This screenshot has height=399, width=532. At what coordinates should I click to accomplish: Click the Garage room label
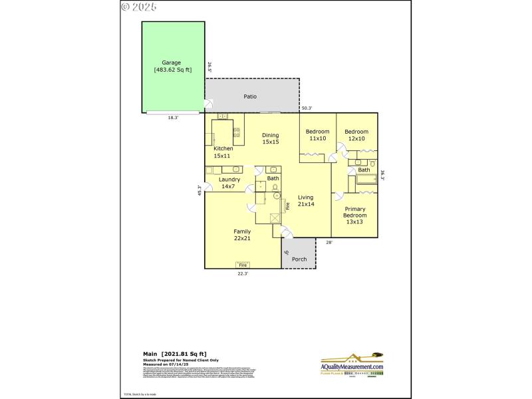[x=172, y=63]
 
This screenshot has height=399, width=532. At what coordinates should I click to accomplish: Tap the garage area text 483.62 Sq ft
[x=172, y=69]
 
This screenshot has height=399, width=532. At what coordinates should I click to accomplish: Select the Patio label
[x=250, y=96]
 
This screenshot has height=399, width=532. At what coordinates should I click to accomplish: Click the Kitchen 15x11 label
[x=223, y=152]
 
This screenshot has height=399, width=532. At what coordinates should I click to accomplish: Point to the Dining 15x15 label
[x=270, y=139]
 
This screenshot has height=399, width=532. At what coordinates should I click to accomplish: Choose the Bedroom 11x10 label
[x=317, y=135]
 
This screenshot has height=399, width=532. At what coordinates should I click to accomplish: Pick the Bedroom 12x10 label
[x=356, y=135]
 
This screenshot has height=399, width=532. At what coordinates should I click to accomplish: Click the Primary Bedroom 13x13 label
[x=354, y=215]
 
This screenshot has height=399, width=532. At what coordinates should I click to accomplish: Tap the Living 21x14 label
[x=305, y=201]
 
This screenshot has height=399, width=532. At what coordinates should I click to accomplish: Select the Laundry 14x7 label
[x=229, y=183]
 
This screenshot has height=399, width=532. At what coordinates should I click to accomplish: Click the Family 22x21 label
[x=241, y=235]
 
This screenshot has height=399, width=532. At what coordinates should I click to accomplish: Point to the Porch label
[x=299, y=259]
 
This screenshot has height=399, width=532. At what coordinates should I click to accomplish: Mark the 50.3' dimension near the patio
[x=307, y=108]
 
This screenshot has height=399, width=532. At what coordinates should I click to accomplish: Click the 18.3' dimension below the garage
[x=173, y=118]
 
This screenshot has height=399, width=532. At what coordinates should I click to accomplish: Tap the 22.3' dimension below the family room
[x=243, y=273]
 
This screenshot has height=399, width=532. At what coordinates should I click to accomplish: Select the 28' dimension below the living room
[x=329, y=242]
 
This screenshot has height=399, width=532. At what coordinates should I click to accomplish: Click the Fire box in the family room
[x=243, y=265]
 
